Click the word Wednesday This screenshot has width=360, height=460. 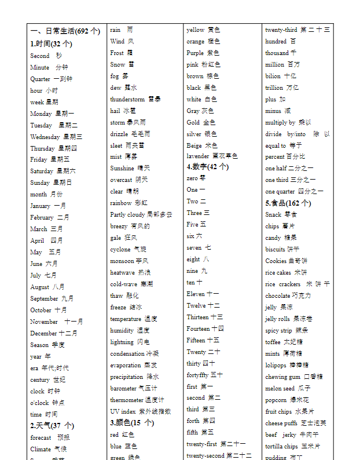(45, 137)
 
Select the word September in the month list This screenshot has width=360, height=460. (44, 299)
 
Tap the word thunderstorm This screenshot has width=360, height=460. (127, 100)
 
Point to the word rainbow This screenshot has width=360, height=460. (121, 203)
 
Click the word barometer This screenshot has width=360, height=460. (123, 389)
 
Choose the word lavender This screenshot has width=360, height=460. (198, 156)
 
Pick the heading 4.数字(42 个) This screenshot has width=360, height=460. (208, 167)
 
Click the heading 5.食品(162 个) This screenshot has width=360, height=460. (288, 203)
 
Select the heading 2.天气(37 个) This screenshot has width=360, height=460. (52, 426)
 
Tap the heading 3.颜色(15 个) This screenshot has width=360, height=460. (132, 423)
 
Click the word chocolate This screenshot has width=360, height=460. (278, 296)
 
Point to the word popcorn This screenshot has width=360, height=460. (276, 400)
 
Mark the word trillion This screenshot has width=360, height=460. (274, 88)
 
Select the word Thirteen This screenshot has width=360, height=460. (197, 317)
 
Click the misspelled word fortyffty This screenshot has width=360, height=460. (197, 375)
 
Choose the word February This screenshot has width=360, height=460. (42, 218)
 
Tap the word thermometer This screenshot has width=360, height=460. (126, 400)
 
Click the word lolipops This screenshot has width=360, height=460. (276, 366)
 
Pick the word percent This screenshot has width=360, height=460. (275, 157)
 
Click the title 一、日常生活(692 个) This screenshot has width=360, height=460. (65, 31)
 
